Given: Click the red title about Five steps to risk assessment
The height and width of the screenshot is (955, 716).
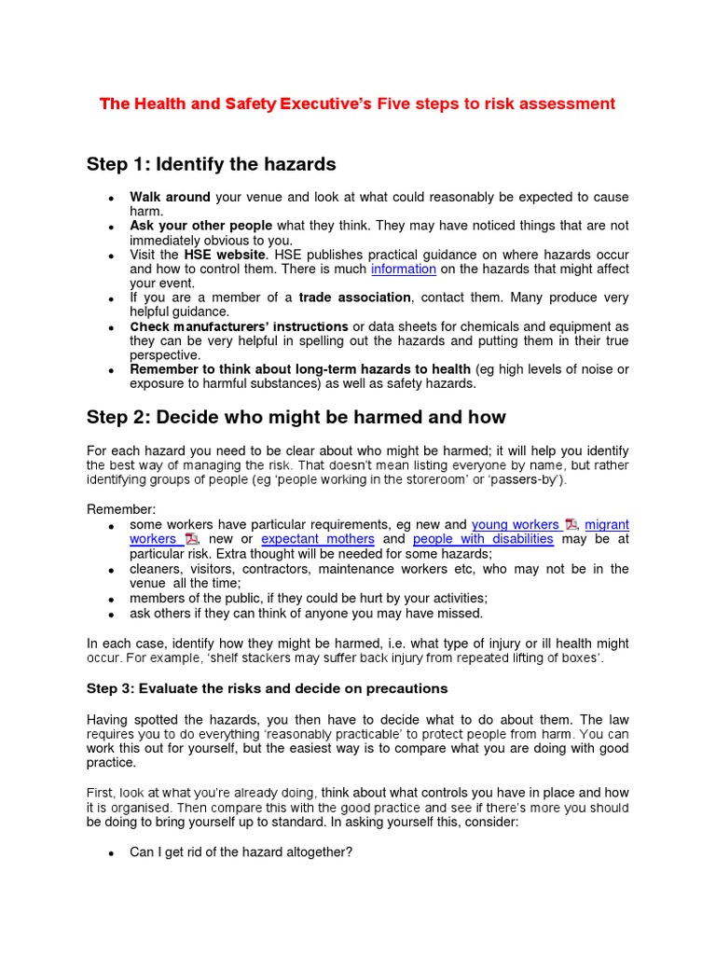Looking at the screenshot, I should [357, 104].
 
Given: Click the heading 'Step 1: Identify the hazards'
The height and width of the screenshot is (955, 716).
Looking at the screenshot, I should [211, 165].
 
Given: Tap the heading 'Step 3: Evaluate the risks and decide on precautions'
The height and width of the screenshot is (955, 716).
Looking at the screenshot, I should [267, 688].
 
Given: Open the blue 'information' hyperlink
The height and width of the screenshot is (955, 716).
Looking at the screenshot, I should [403, 270].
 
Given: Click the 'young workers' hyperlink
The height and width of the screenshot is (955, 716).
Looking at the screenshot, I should [515, 525].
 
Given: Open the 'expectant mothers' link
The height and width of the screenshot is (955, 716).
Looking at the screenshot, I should [318, 539].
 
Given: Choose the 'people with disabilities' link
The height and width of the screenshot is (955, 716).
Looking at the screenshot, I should [483, 539].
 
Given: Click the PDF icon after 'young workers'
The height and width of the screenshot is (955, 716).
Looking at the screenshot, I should [571, 525].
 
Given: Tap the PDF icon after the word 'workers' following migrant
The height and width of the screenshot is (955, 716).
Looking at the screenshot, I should [191, 539].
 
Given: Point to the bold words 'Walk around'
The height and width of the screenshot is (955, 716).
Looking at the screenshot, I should [170, 198].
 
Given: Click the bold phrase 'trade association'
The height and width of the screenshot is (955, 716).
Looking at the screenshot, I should [354, 298].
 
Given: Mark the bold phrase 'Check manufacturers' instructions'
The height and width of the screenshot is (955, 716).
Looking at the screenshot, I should [239, 326].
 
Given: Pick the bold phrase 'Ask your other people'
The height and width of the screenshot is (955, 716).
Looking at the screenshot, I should [200, 226].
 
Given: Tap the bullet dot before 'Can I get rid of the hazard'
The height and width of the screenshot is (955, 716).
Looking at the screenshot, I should [111, 853].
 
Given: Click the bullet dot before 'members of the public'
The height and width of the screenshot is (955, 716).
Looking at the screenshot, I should [111, 599].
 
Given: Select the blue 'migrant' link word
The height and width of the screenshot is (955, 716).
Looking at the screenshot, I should [607, 525].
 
